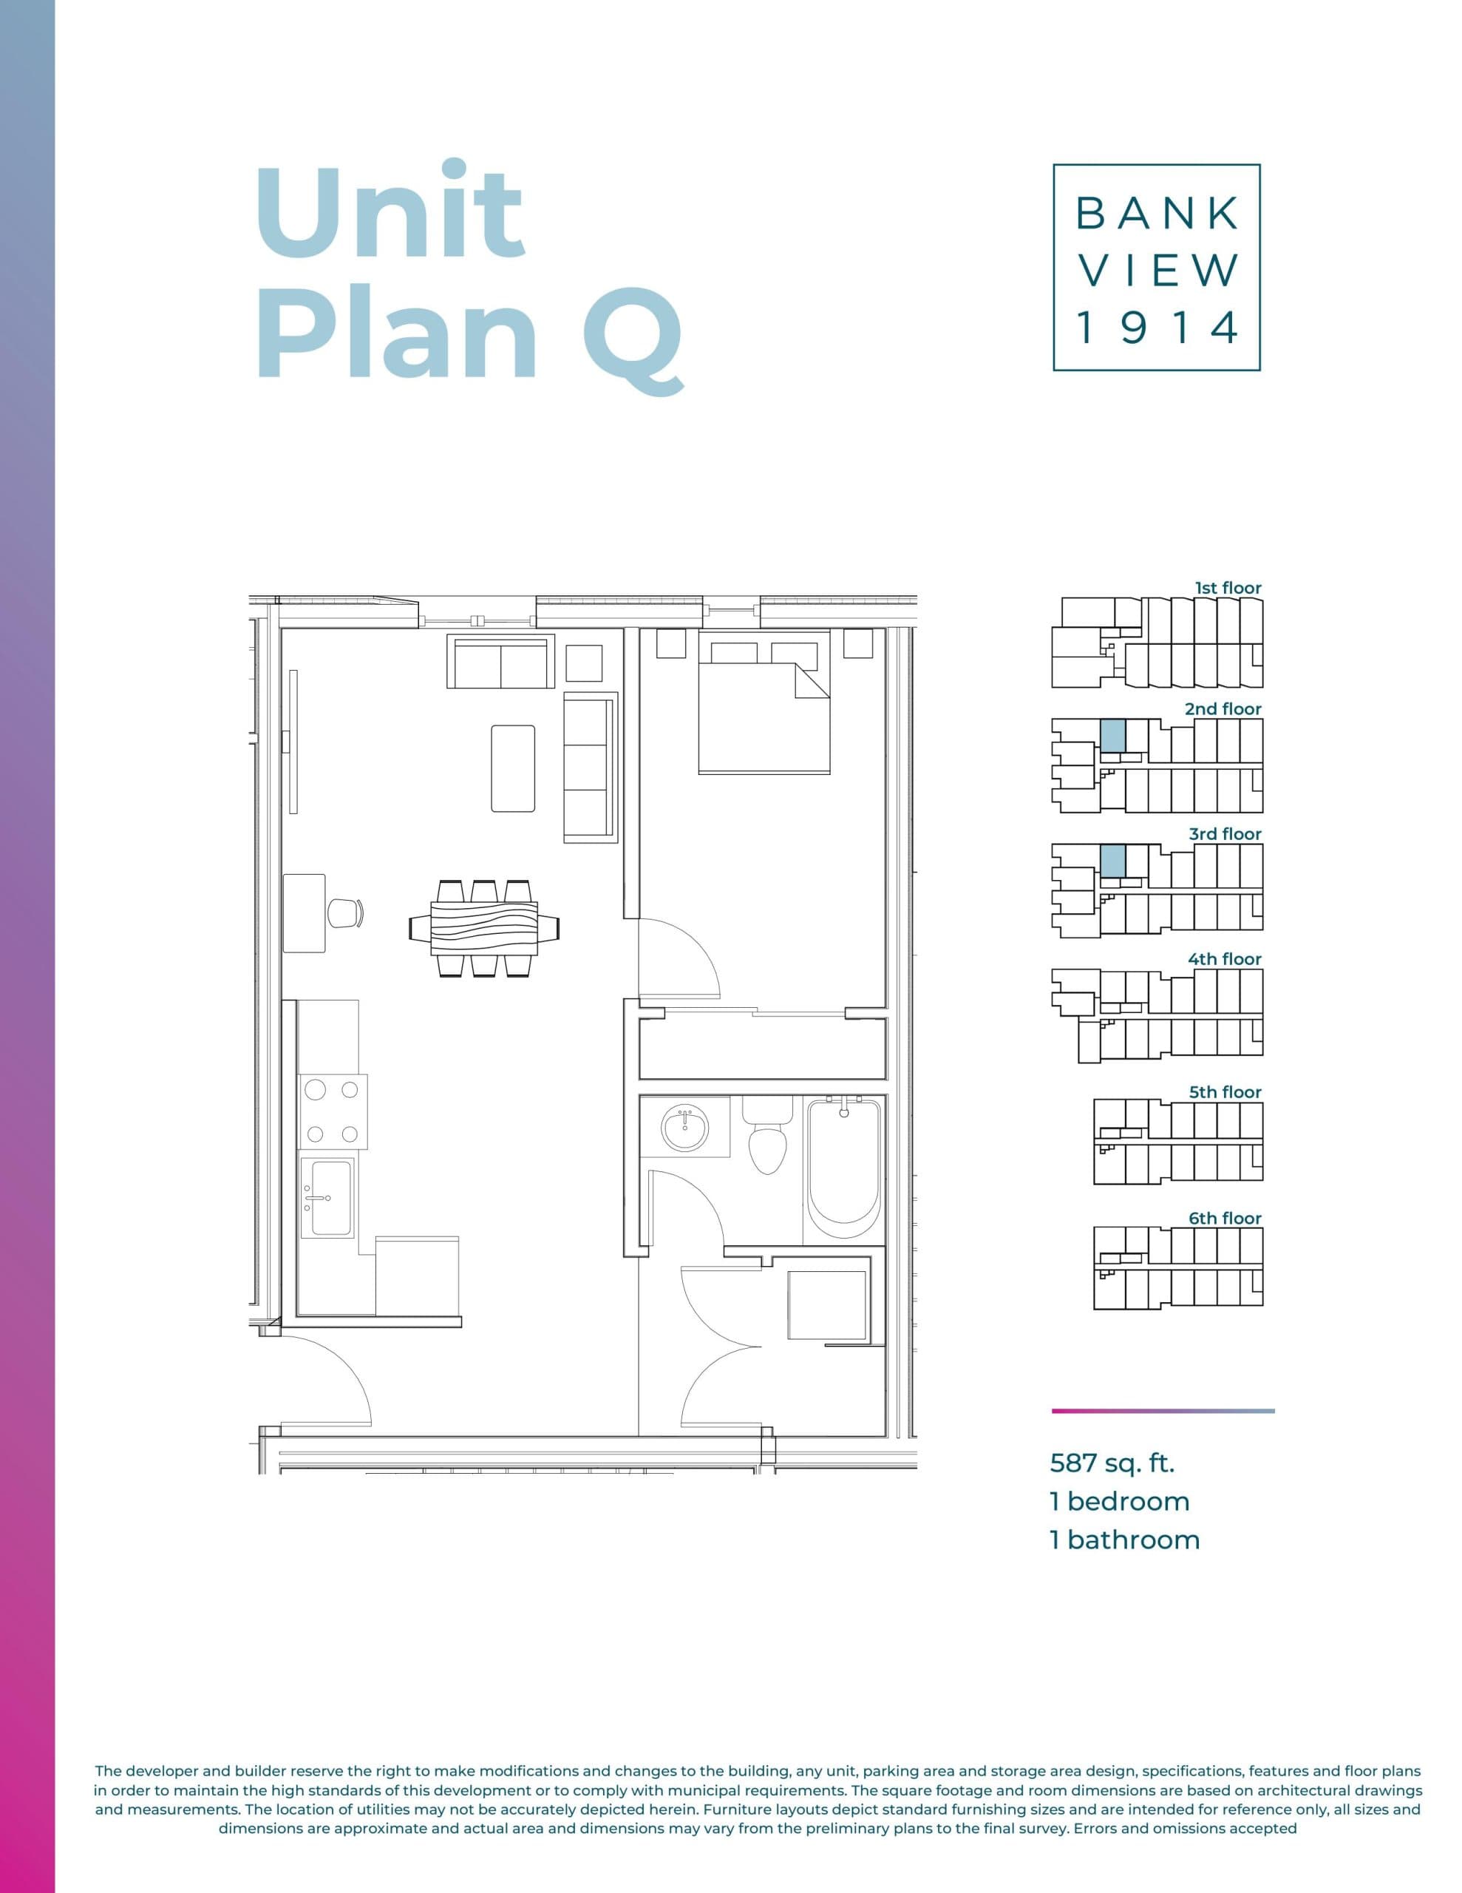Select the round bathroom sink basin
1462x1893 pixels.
[x=684, y=1129]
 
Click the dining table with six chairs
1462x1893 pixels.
[x=483, y=928]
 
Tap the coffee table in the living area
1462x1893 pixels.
[x=512, y=768]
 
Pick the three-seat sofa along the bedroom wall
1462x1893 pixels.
[x=590, y=766]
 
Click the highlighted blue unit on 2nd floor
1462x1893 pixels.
[x=1112, y=735]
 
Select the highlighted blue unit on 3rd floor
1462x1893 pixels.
[x=1112, y=861]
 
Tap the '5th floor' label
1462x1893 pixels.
[x=1225, y=1092]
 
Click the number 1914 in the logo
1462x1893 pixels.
[x=1157, y=328]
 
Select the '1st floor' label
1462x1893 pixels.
[x=1228, y=588]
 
